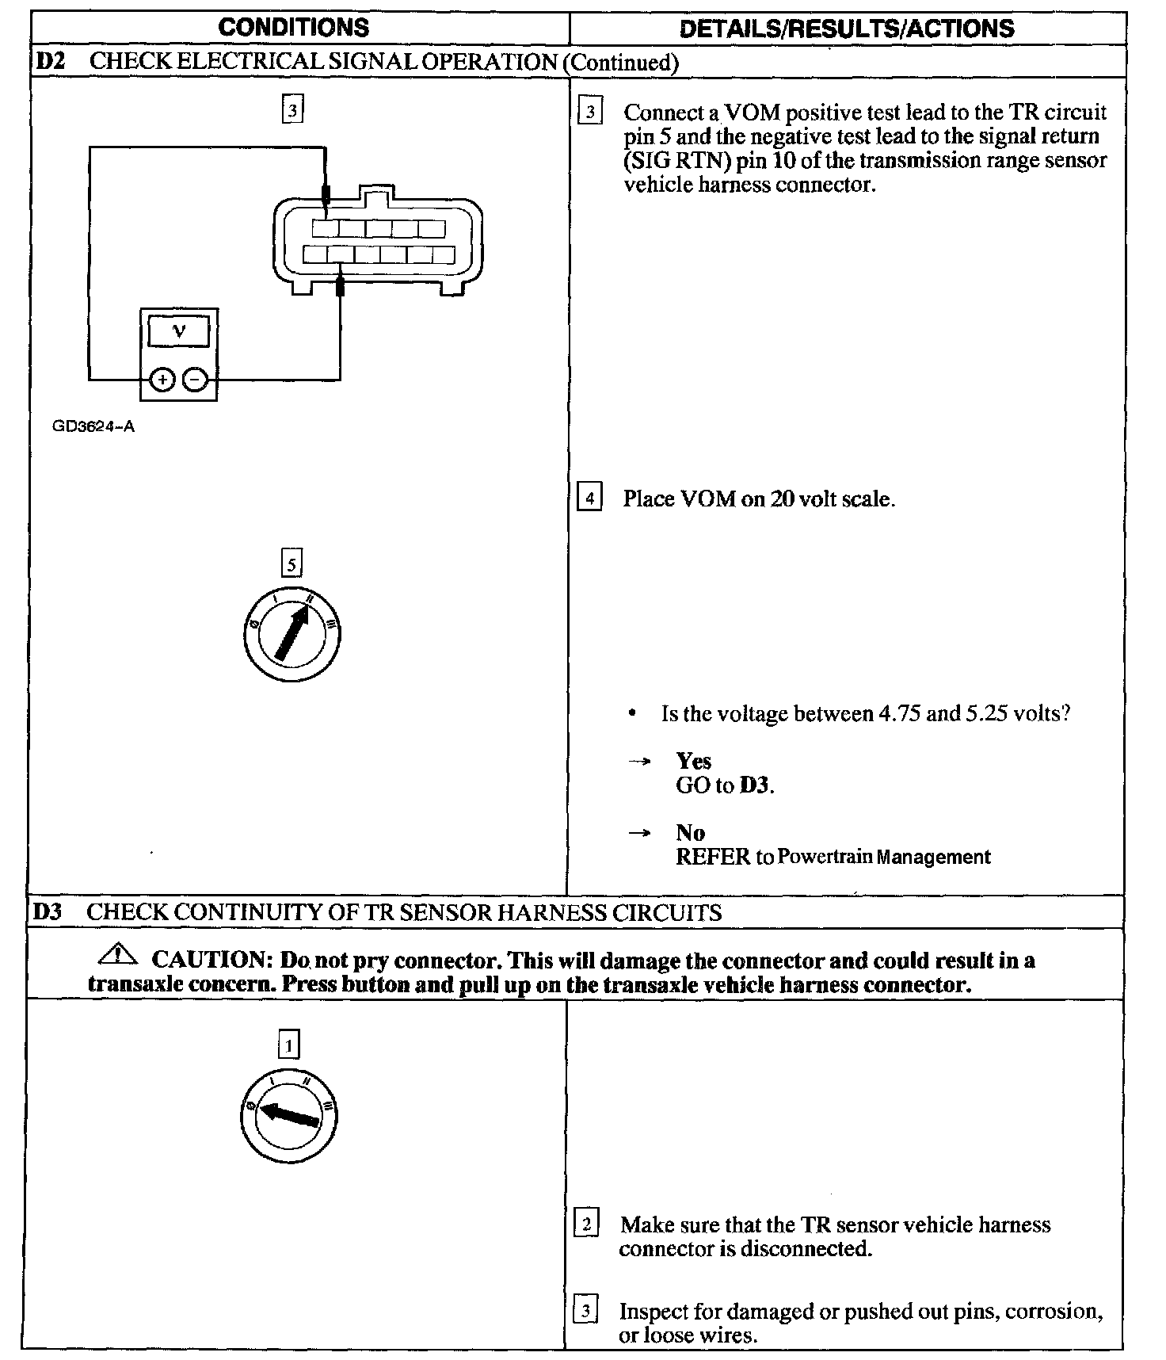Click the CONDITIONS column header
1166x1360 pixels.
click(x=293, y=28)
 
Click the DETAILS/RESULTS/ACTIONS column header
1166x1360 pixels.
click(x=847, y=29)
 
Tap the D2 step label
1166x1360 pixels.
click(x=49, y=62)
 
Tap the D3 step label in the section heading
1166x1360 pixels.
click(x=48, y=911)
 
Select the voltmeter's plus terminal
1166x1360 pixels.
click(x=162, y=380)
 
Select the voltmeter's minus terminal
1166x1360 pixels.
click(x=195, y=380)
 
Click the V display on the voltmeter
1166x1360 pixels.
click(x=179, y=332)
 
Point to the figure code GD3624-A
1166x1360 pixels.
click(x=93, y=426)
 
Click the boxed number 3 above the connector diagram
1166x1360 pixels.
click(x=292, y=110)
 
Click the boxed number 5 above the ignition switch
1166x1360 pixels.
click(x=291, y=564)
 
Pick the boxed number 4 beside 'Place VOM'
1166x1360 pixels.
click(x=589, y=499)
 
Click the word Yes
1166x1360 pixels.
click(x=694, y=762)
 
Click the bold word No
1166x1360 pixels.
click(x=690, y=833)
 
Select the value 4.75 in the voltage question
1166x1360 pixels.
click(x=898, y=714)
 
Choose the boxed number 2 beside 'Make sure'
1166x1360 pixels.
click(x=586, y=1224)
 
